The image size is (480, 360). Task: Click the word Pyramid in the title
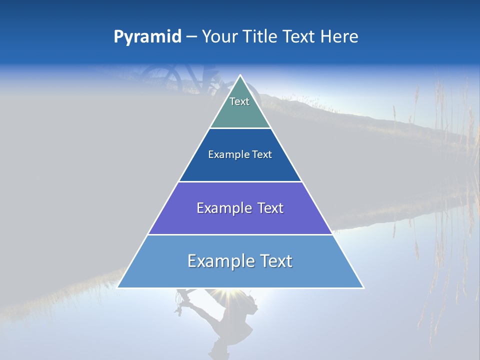(x=147, y=37)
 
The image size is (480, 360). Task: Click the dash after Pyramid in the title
(x=191, y=37)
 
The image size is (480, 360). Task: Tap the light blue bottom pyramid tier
(x=240, y=275)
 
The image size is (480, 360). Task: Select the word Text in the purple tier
(x=270, y=208)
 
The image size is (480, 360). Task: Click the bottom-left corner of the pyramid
(x=117, y=288)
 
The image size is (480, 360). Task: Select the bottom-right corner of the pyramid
(x=363, y=288)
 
